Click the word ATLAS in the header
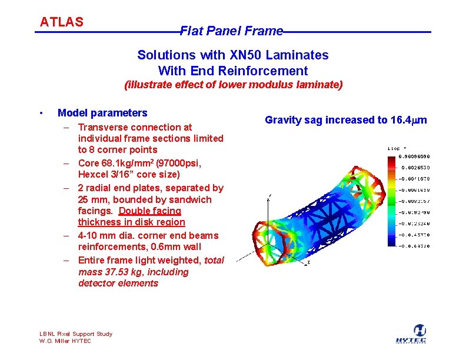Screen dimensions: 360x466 [x=62, y=22]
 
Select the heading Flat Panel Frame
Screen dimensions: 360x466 [x=231, y=31]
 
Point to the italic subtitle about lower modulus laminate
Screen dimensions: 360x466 [x=233, y=85]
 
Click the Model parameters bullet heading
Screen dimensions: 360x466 [x=102, y=113]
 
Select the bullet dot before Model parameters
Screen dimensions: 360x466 [x=40, y=113]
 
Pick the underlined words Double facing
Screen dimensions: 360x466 [x=150, y=211]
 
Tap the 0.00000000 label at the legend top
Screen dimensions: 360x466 [x=415, y=156]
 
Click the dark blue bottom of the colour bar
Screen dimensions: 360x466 [x=391, y=243]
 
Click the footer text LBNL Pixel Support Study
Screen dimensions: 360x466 [x=75, y=334]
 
